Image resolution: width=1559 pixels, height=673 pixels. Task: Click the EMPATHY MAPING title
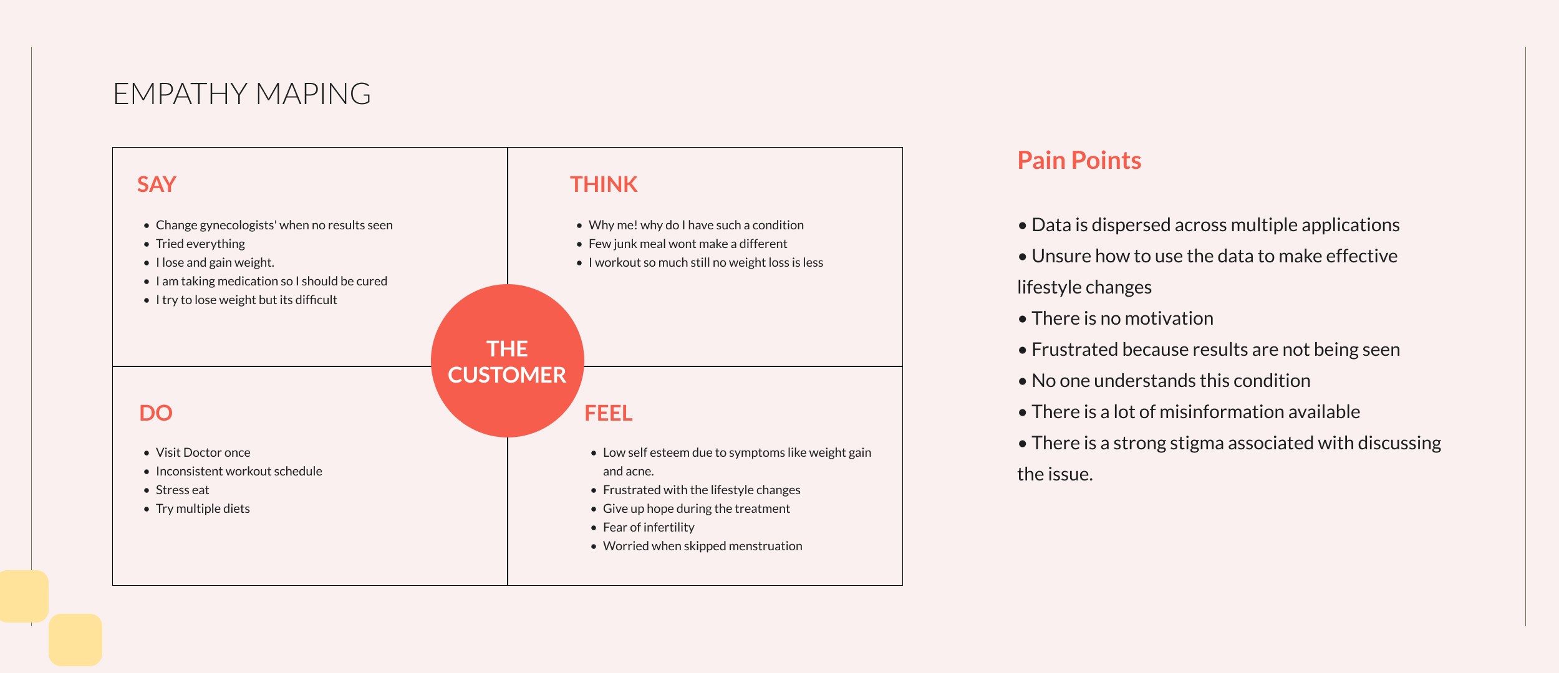[x=241, y=94]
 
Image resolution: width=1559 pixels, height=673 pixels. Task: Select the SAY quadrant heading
[x=157, y=184]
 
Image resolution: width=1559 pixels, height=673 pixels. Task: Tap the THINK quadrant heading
[x=603, y=184]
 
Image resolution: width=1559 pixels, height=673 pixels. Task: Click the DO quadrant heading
[x=155, y=413]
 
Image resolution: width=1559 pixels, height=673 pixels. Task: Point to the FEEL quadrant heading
[x=608, y=413]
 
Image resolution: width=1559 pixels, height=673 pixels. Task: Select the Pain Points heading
[x=1079, y=161]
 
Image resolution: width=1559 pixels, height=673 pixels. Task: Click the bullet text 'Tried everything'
[x=200, y=244]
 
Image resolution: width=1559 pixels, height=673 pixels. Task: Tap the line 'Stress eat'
[x=182, y=490]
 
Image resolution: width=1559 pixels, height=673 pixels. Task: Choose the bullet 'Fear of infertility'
[x=648, y=527]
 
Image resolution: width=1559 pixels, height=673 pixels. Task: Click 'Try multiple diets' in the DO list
[x=203, y=508]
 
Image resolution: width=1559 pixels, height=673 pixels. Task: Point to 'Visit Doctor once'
[x=203, y=452]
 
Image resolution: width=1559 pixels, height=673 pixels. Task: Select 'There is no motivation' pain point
[x=1122, y=318]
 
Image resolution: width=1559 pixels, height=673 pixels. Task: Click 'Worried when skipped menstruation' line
[x=702, y=546]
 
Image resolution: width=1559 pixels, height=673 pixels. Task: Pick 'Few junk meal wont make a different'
[x=687, y=244]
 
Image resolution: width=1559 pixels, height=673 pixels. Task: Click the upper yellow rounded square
[x=23, y=596]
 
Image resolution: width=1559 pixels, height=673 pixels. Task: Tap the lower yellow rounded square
[x=75, y=639]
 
